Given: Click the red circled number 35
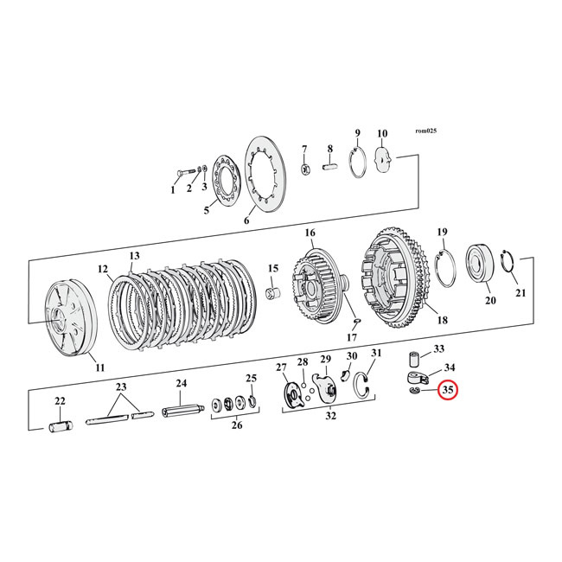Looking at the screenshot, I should click(x=448, y=391).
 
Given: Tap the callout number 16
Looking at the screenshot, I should click(x=310, y=233).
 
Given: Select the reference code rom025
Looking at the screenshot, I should click(x=426, y=131).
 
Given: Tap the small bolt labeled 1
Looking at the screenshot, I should click(x=183, y=180).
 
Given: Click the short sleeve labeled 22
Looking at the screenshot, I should click(x=61, y=426).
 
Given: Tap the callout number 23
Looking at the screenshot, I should click(x=121, y=386).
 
